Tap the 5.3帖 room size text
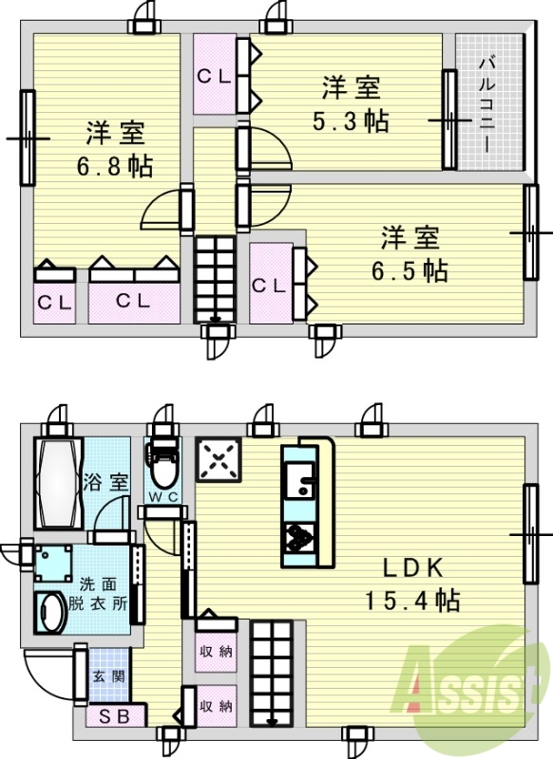point(351,122)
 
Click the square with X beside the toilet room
point(219,461)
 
